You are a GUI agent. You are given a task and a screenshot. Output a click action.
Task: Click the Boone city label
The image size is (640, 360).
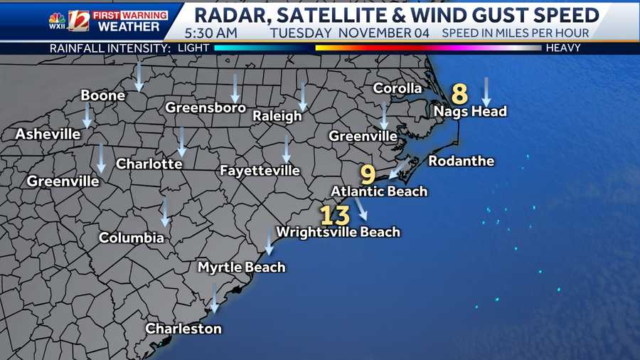click(103, 95)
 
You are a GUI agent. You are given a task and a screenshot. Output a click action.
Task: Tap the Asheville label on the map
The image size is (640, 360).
click(48, 134)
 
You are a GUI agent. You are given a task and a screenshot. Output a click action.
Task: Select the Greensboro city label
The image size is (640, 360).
click(206, 108)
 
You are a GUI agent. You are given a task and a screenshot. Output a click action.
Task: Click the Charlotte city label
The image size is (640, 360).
click(149, 164)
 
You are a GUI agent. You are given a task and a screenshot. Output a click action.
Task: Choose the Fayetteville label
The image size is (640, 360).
click(260, 171)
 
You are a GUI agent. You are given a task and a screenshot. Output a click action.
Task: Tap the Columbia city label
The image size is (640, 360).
click(132, 238)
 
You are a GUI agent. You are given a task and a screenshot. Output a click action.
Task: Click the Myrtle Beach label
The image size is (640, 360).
click(241, 268)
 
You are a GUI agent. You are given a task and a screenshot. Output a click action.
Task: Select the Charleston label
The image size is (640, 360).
click(183, 329)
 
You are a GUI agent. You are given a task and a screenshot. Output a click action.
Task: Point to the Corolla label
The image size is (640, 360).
click(398, 89)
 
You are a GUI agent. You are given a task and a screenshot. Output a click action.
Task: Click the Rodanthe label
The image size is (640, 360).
click(461, 162)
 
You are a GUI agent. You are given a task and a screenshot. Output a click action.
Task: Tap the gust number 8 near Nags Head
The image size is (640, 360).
click(460, 94)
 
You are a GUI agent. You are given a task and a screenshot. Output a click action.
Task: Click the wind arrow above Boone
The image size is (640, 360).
click(139, 75)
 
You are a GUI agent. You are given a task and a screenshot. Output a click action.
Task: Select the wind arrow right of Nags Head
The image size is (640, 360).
click(486, 91)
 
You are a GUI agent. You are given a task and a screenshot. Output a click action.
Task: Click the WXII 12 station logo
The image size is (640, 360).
click(69, 21)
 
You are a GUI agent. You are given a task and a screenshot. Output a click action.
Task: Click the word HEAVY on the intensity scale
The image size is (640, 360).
click(563, 48)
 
